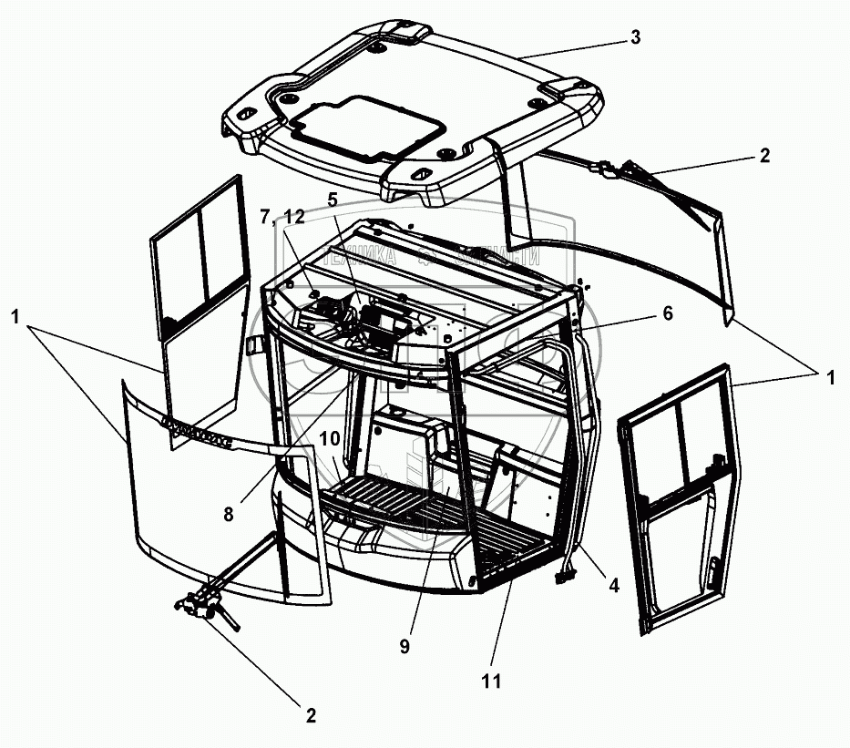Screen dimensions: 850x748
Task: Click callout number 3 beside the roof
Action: click(635, 37)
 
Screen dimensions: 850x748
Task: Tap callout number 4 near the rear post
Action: click(614, 586)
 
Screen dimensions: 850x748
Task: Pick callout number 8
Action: click(228, 513)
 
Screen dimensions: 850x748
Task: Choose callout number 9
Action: click(405, 646)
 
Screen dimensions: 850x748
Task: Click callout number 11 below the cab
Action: click(493, 680)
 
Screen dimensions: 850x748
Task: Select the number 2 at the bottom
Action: click(310, 715)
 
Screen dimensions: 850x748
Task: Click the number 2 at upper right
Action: click(764, 156)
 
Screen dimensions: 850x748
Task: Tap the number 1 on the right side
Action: click(831, 376)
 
